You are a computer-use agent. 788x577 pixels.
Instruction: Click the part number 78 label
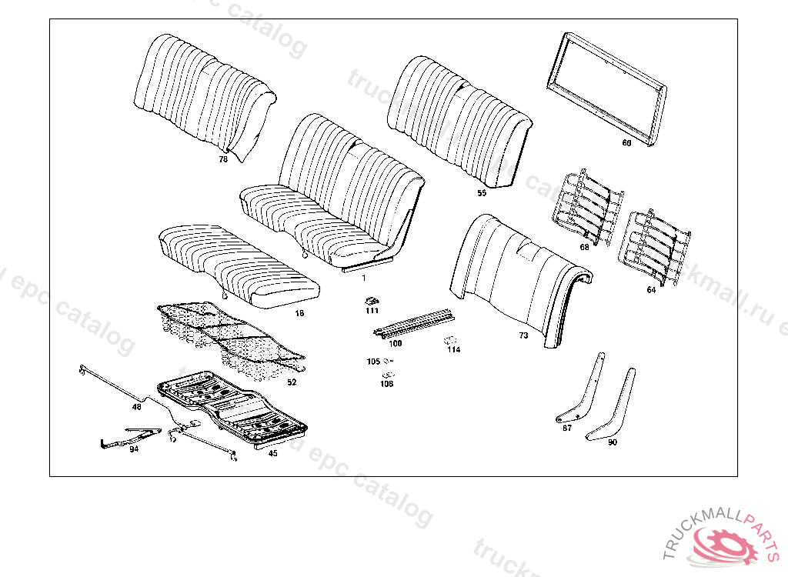(223, 160)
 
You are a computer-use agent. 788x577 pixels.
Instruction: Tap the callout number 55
(482, 193)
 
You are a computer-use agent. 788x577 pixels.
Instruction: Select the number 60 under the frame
(626, 143)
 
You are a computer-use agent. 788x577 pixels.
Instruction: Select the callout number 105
(373, 362)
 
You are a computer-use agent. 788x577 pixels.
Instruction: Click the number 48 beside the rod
(137, 406)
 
